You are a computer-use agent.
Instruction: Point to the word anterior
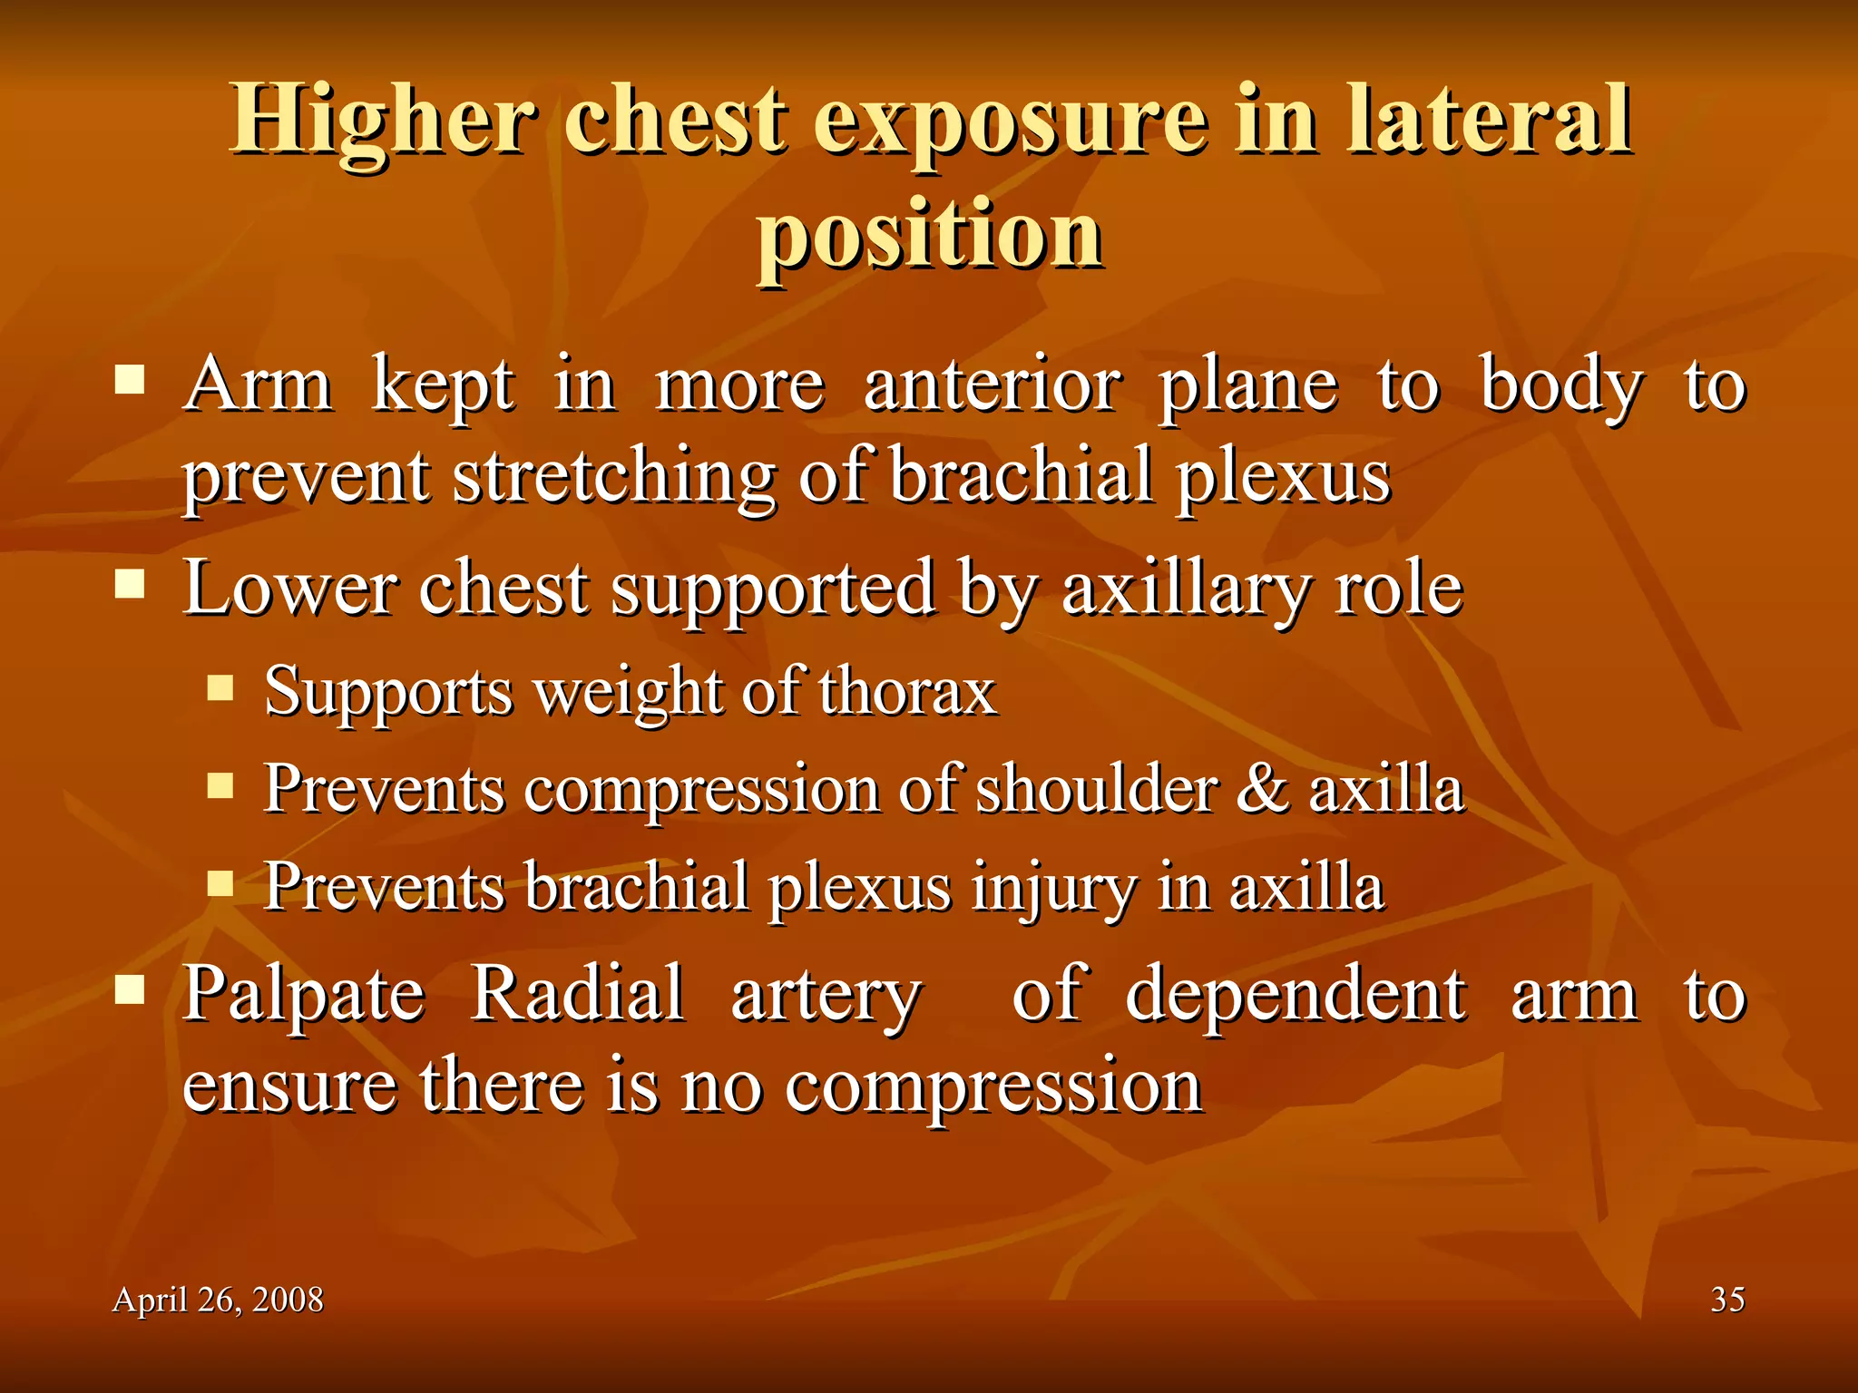pos(993,385)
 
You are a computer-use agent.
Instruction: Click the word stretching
pos(614,476)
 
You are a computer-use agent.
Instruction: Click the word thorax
pos(907,692)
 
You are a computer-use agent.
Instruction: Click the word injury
pos(1052,887)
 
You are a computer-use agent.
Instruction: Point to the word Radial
pos(578,994)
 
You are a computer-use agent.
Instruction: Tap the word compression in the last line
pos(993,1086)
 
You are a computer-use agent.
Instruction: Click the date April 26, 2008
pos(218,1300)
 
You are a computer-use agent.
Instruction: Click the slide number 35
pos(1727,1300)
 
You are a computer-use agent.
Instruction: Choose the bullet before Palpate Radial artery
pos(131,989)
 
